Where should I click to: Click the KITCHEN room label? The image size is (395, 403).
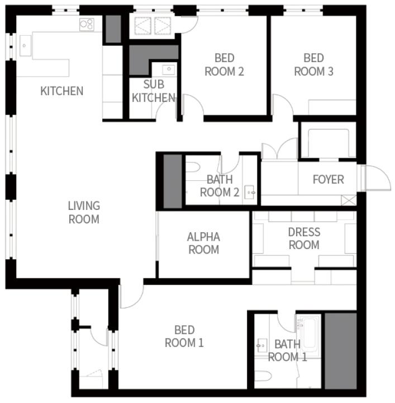[x=62, y=91]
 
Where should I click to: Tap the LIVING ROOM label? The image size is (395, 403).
[x=84, y=213]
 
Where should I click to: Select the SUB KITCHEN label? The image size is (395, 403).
[x=154, y=91]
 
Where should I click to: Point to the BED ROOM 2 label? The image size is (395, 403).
[x=224, y=65]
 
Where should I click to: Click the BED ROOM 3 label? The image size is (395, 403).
[x=313, y=65]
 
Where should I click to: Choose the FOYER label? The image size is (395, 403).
[x=329, y=180]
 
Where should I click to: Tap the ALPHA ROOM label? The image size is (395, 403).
[x=204, y=243]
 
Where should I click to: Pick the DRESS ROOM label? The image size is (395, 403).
[x=304, y=238]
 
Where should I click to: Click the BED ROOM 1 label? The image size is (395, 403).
[x=184, y=336]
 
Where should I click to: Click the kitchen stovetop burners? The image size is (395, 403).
[x=87, y=25]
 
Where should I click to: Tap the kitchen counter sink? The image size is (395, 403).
[x=25, y=46]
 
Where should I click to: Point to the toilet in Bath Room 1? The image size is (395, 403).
[x=263, y=377]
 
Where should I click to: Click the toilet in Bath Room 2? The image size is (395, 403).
[x=193, y=167]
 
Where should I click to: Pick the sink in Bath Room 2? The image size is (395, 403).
[x=250, y=192]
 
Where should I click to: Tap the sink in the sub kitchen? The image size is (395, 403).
[x=169, y=69]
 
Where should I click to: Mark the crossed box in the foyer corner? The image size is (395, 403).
[x=349, y=200]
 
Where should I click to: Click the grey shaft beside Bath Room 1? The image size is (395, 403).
[x=341, y=351]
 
